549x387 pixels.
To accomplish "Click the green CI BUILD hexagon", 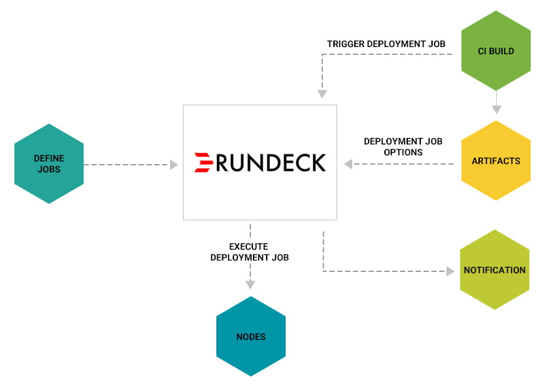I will point(496,50).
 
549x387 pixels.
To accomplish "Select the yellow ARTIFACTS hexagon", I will point(496,161).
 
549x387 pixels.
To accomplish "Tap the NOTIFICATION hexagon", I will point(494,270).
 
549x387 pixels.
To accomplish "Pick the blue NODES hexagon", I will point(251,337).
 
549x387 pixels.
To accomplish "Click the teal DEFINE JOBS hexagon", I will point(48,164).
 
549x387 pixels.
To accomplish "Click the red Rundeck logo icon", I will point(204,162).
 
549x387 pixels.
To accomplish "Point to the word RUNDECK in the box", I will point(270,162).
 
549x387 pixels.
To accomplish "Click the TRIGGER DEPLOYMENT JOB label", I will point(386,44).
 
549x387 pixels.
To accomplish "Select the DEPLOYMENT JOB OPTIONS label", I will point(403,146).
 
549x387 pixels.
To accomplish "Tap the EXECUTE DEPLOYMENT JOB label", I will point(249,252).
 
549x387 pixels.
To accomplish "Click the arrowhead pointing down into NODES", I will point(250,284).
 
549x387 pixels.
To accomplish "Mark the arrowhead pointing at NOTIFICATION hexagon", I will point(450,271).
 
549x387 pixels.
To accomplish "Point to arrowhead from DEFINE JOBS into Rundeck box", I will point(174,165).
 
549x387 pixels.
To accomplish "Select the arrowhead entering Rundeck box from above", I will point(322,94).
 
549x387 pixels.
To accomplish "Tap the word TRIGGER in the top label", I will point(345,44).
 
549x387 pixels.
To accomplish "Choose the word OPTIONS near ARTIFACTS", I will point(403,152).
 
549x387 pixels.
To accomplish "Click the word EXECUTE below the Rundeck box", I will point(249,246).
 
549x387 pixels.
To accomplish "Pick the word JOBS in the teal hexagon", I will point(48,169).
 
